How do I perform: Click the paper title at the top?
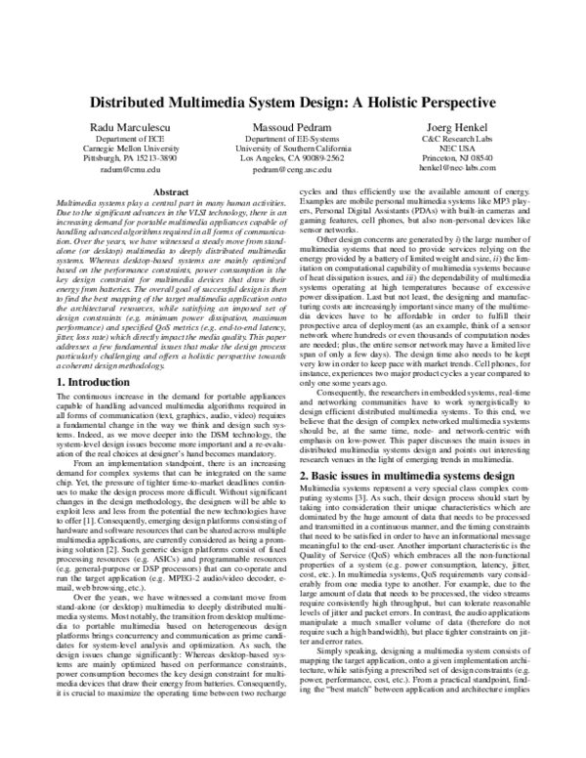pos(294,103)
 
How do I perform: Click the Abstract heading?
pos(171,193)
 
